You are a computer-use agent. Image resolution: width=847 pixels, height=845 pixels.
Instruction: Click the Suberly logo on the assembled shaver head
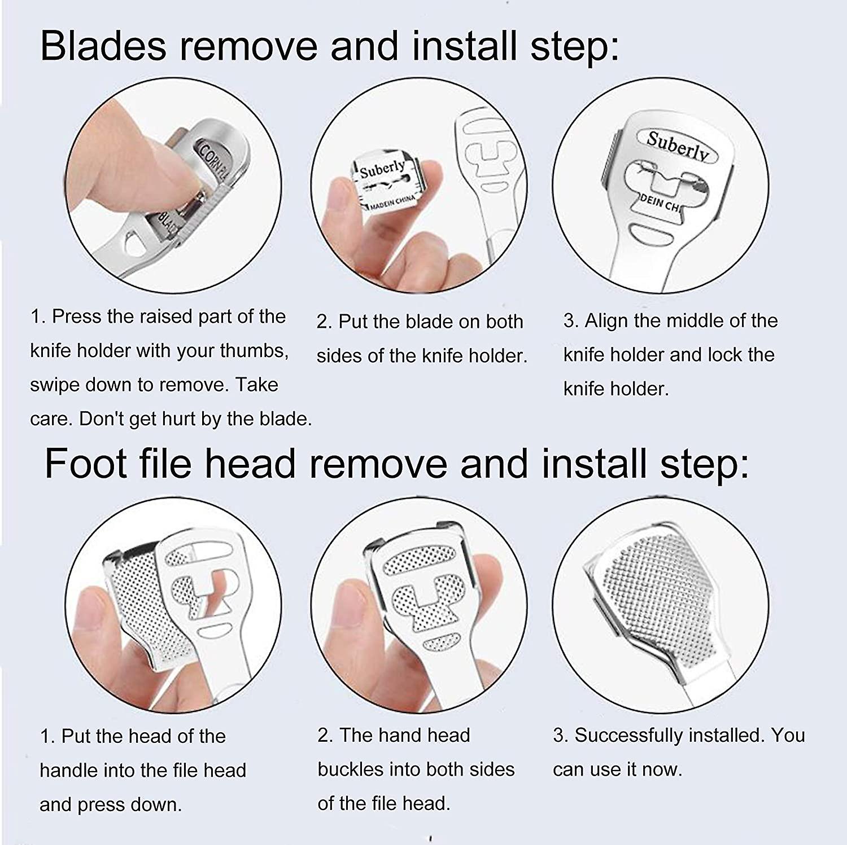(676, 147)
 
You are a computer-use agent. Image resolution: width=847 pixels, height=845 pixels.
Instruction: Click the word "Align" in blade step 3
(606, 320)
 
